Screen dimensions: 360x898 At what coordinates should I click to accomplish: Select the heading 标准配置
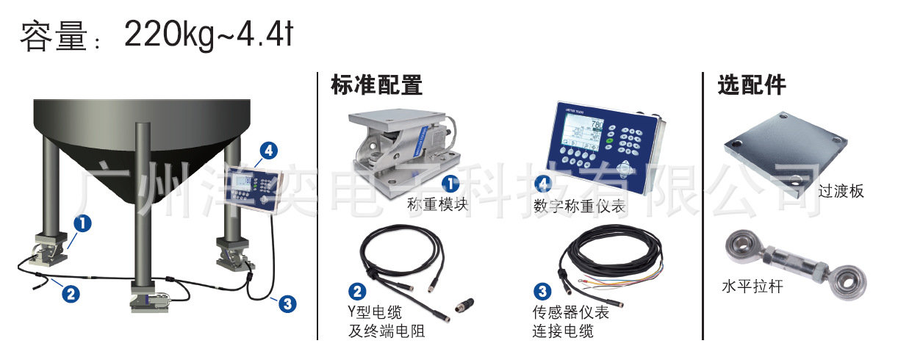coord(376,85)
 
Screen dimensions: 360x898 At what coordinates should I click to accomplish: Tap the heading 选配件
coord(751,85)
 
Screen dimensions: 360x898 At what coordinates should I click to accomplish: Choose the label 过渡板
coord(841,192)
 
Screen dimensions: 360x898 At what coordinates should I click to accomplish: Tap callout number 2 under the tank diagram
coord(69,294)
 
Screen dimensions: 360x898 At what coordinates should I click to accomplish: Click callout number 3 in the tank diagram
coord(288,303)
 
